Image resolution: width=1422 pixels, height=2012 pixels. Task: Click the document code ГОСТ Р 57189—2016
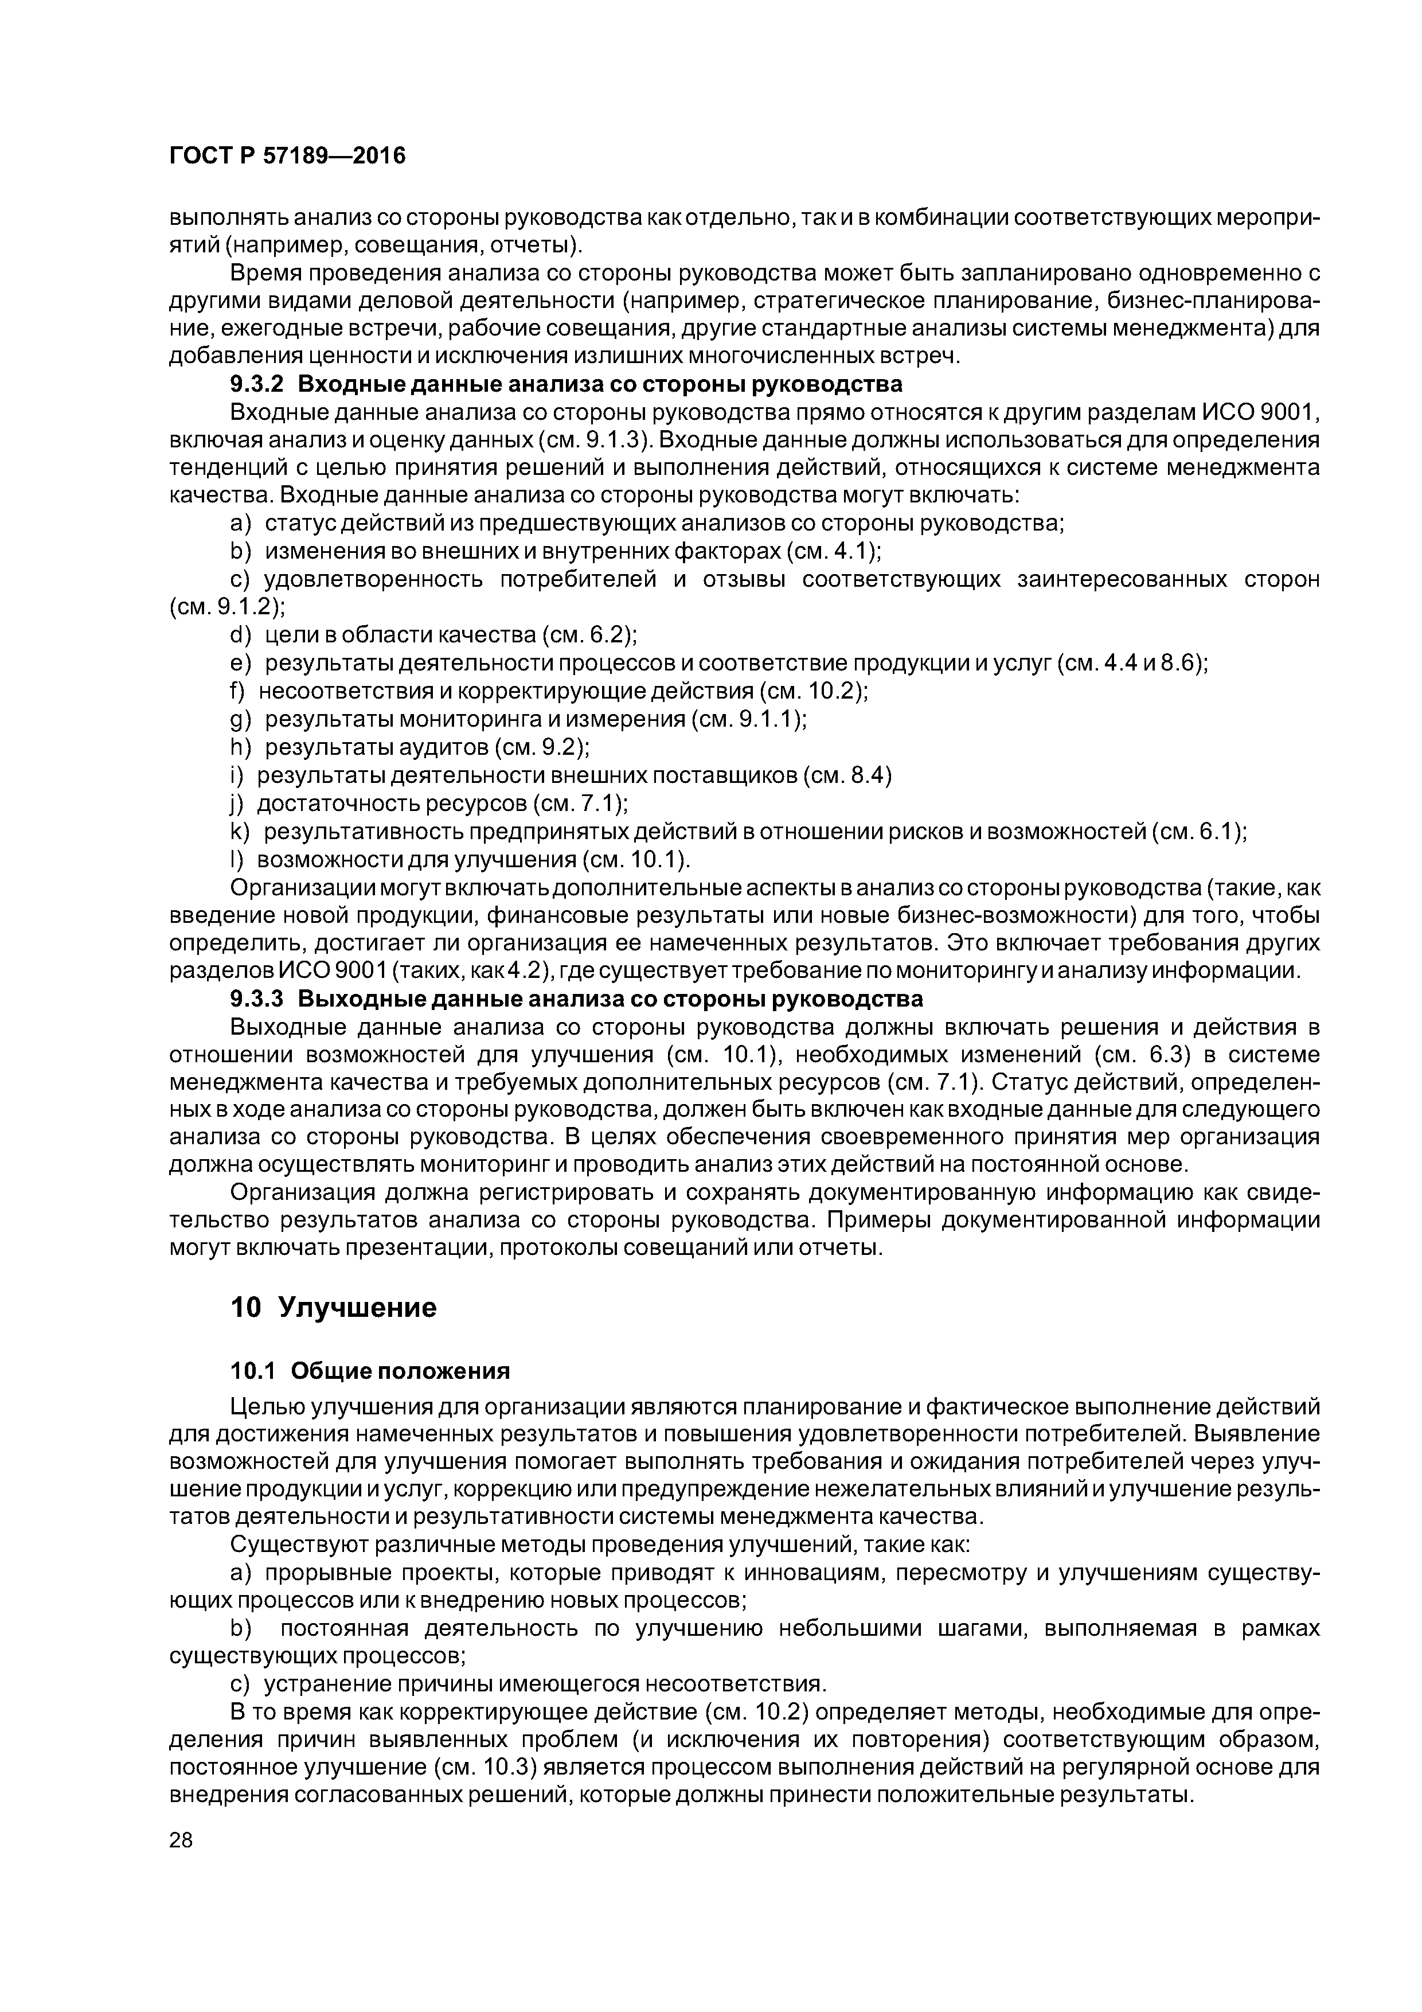point(287,156)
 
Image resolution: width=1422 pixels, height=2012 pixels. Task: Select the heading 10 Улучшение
point(333,1308)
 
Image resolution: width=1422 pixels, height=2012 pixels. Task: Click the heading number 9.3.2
point(257,385)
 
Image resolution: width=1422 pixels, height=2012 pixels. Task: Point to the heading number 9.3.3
point(257,999)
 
